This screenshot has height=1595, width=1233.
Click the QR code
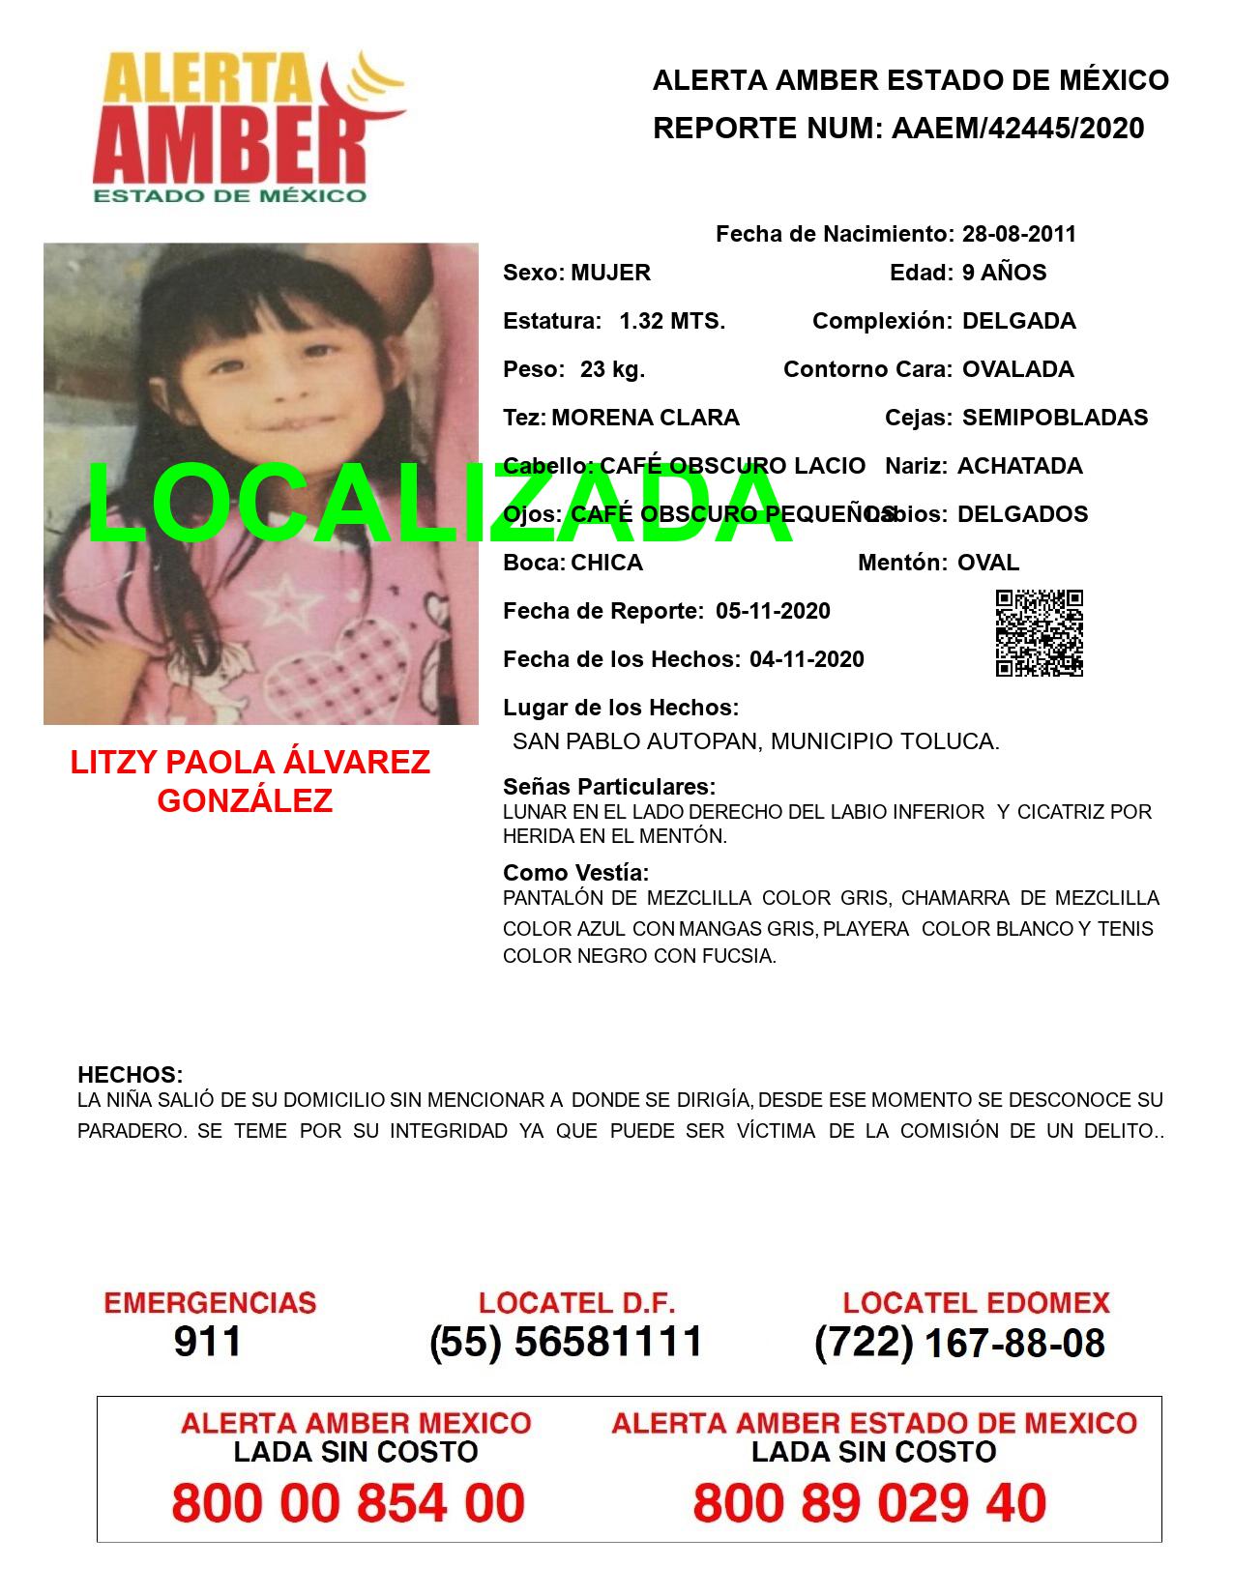pyautogui.click(x=1039, y=633)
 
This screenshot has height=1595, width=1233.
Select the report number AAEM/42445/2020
pyautogui.click(x=1017, y=129)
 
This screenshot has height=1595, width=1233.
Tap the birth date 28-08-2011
pyautogui.click(x=1018, y=234)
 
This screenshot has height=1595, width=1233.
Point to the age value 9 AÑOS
pyautogui.click(x=1004, y=273)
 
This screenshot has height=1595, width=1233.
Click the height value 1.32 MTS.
pyautogui.click(x=672, y=321)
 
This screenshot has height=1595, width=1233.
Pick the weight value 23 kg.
pyautogui.click(x=612, y=369)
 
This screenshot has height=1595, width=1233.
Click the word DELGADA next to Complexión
pyautogui.click(x=1018, y=321)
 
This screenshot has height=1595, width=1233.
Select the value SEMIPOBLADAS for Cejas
pyautogui.click(x=1054, y=418)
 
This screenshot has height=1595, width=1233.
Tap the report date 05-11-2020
pyautogui.click(x=773, y=611)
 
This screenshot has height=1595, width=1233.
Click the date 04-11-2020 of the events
pyautogui.click(x=807, y=659)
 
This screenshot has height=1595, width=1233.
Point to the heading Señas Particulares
pyautogui.click(x=609, y=787)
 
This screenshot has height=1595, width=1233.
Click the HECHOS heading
pyautogui.click(x=130, y=1075)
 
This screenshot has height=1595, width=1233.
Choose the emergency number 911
pyautogui.click(x=208, y=1342)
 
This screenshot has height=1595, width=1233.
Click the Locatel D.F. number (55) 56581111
pyautogui.click(x=566, y=1342)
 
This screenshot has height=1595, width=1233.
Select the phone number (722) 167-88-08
pyautogui.click(x=959, y=1342)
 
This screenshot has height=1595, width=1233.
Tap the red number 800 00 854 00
pyautogui.click(x=348, y=1503)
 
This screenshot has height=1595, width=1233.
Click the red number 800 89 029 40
pyautogui.click(x=869, y=1503)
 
